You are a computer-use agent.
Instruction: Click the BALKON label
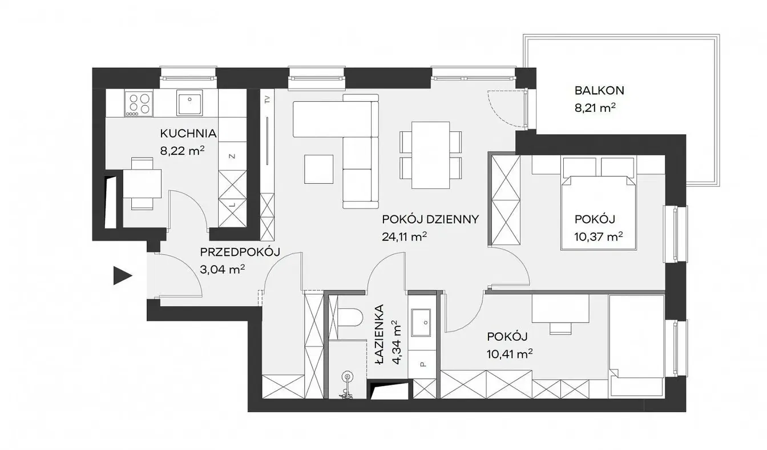tap(599, 90)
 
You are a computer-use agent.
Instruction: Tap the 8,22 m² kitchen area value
tap(183, 150)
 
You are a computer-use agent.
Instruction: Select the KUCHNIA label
tap(188, 133)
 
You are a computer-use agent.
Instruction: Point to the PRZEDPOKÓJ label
tap(240, 252)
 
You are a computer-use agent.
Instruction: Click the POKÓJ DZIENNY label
tap(430, 219)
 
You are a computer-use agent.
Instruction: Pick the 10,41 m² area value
tap(510, 353)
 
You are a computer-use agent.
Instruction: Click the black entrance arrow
tap(123, 276)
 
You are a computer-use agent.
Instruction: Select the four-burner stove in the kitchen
tap(139, 104)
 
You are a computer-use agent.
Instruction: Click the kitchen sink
tap(189, 102)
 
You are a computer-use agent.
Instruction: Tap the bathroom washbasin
tap(421, 323)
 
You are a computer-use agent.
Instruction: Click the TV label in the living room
tap(267, 100)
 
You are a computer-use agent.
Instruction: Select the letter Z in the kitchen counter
tap(232, 156)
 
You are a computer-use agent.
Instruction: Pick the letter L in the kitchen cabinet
tap(232, 205)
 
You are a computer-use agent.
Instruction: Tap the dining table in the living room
tap(431, 155)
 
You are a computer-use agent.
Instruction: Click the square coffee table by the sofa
tap(318, 169)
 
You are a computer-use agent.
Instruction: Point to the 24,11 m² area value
tap(404, 236)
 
